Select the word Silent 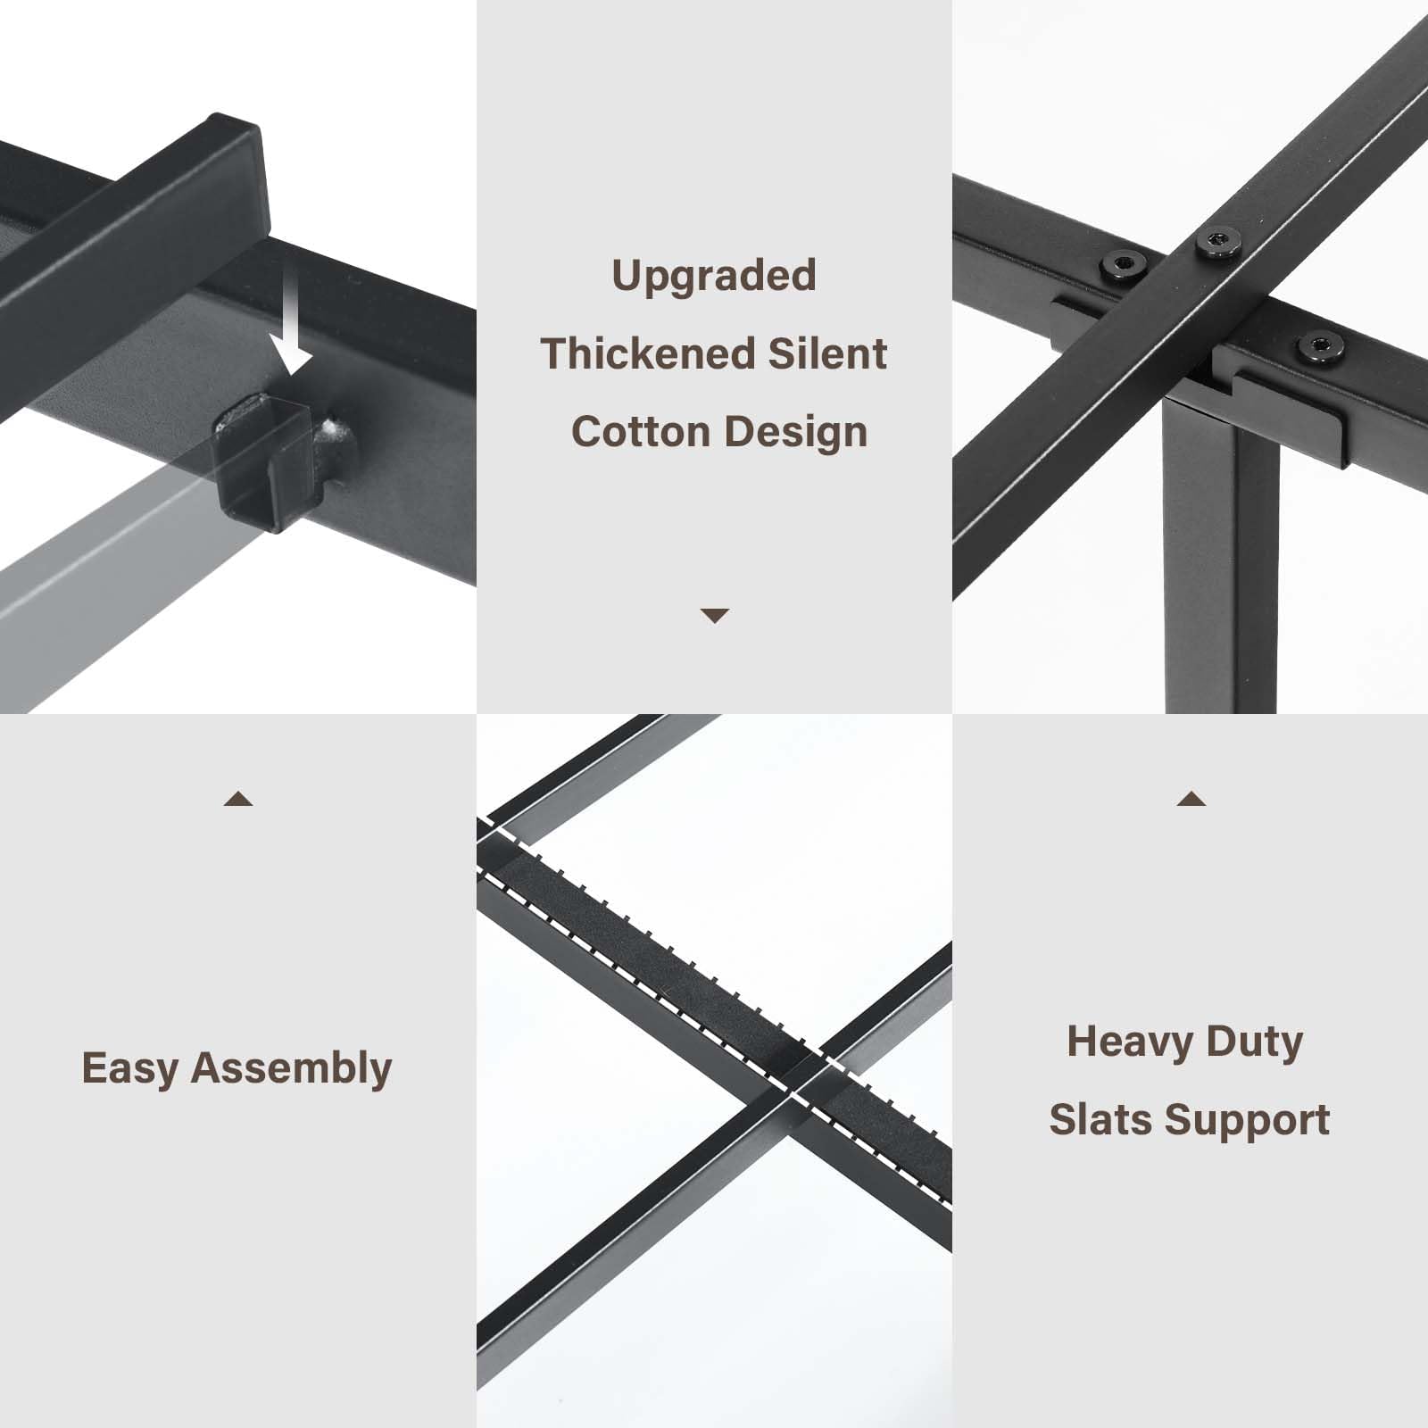tap(827, 353)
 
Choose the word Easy tap(130, 1069)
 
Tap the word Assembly tap(292, 1069)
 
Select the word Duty tap(1255, 1042)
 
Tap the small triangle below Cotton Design tap(715, 616)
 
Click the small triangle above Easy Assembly tap(238, 799)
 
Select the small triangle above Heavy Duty tap(1191, 798)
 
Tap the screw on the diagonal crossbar tap(1217, 242)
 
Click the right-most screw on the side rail tap(1320, 347)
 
